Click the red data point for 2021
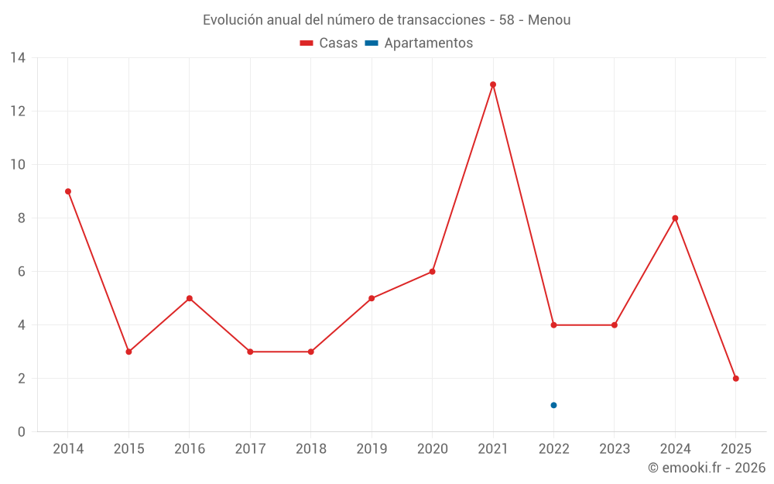[493, 84]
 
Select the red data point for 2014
[68, 191]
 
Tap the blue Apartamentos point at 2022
[553, 405]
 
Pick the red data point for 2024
[675, 218]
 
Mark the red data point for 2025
[736, 379]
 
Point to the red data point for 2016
[190, 298]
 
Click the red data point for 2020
[432, 272]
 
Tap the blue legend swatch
[372, 43]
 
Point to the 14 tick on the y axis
[18, 58]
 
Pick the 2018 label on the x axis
[311, 449]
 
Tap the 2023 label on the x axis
[615, 449]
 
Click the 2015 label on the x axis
[128, 449]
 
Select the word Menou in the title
[550, 20]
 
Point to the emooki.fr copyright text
[707, 468]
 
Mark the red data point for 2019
[372, 298]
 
